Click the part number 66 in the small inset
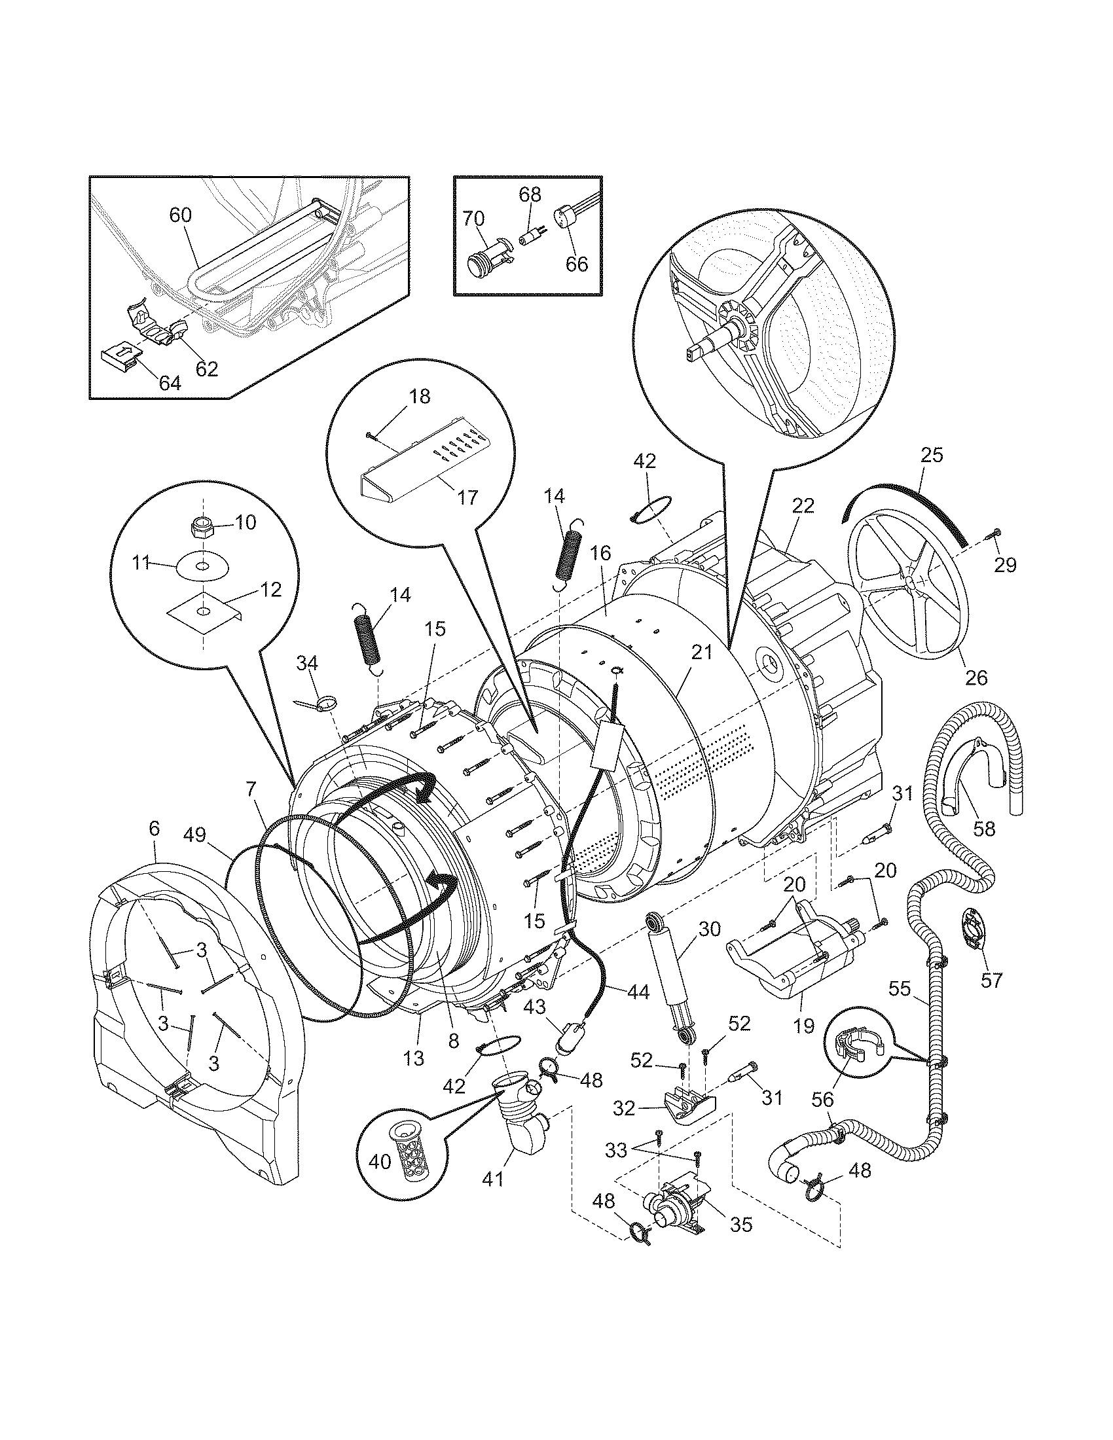pyautogui.click(x=576, y=263)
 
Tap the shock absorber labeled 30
pyautogui.click(x=670, y=973)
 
